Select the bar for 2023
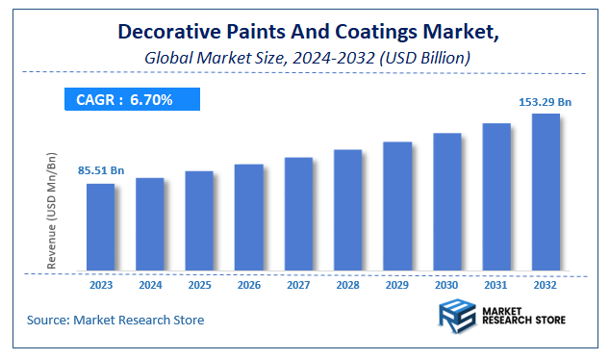[x=100, y=227]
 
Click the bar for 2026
[x=248, y=218]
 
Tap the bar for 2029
[x=397, y=206]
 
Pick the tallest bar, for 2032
[x=546, y=193]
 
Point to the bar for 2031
[x=496, y=197]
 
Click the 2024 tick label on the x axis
[x=150, y=285]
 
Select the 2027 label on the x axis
[x=298, y=285]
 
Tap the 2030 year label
[x=446, y=285]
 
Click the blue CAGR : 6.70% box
[x=132, y=99]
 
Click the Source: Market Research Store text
[x=115, y=320]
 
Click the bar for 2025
[x=199, y=221]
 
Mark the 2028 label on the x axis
[x=347, y=285]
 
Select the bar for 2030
[x=446, y=202]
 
